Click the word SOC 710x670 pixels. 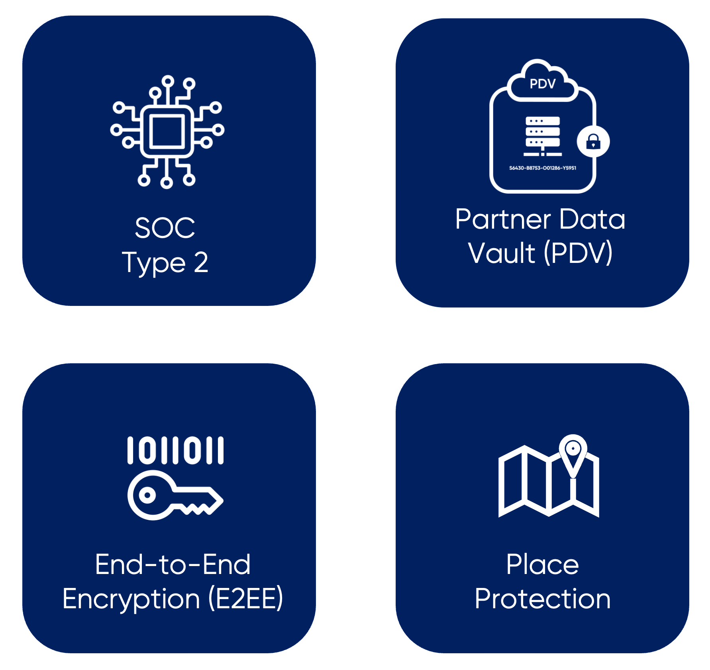[x=165, y=228]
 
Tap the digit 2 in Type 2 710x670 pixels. [x=201, y=263]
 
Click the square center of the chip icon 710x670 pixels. [x=167, y=131]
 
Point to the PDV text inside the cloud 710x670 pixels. [x=542, y=84]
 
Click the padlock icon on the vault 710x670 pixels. [x=593, y=141]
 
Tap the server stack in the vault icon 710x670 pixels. [x=543, y=133]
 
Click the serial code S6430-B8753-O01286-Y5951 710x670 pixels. [x=543, y=168]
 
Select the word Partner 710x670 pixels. [x=503, y=219]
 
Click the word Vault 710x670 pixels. [x=502, y=253]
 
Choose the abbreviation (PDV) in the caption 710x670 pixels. [x=578, y=253]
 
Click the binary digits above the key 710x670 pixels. [x=175, y=451]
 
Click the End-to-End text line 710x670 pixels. [x=173, y=565]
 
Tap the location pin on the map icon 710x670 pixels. [x=573, y=452]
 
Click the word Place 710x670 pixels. [x=542, y=565]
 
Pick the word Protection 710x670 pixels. [x=542, y=599]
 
